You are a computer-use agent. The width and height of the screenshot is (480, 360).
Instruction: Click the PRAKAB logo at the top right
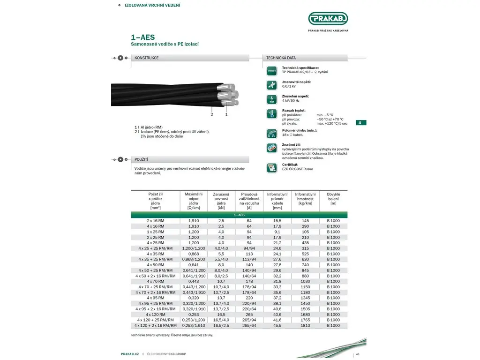328,19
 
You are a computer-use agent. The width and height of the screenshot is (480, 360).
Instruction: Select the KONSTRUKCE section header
147,58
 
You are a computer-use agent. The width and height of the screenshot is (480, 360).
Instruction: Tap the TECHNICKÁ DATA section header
281,58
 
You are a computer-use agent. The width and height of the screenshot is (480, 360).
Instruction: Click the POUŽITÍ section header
142,159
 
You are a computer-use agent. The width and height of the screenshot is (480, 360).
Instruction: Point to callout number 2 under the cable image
212,114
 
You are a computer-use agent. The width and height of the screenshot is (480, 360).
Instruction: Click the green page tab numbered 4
360,123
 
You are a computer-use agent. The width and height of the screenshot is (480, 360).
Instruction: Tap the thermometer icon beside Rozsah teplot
272,114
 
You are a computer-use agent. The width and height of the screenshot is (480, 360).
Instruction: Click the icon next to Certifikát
272,167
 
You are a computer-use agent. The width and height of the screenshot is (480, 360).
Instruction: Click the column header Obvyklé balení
333,198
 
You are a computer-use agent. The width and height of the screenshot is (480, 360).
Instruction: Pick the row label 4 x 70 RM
155,281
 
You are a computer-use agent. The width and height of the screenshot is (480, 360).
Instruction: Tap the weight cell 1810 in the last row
305,325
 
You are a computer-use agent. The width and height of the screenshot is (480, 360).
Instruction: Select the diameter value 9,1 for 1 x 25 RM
277,232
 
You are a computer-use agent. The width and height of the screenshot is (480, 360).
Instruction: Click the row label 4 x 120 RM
155,314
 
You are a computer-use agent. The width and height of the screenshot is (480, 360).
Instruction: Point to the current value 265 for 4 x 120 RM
249,314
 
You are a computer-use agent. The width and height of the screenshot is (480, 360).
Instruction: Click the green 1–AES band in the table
239,215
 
